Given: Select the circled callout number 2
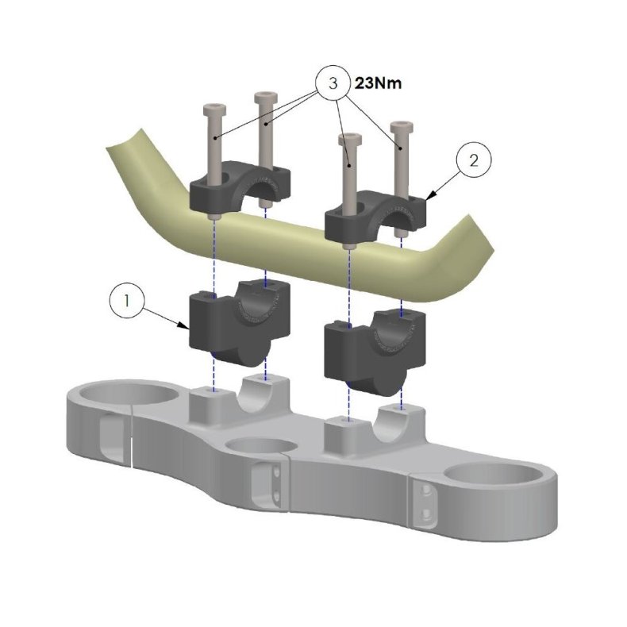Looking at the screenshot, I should click(x=474, y=160).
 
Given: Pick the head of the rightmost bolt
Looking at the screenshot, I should click(x=402, y=128).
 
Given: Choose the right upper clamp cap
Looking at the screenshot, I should click(x=376, y=210).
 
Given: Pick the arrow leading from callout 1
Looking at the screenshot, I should click(x=167, y=316).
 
